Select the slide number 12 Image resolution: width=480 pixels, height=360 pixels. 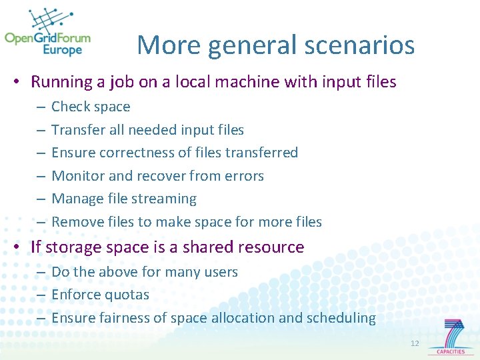coord(415,343)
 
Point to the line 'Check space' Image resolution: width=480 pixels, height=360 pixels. coord(91,107)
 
